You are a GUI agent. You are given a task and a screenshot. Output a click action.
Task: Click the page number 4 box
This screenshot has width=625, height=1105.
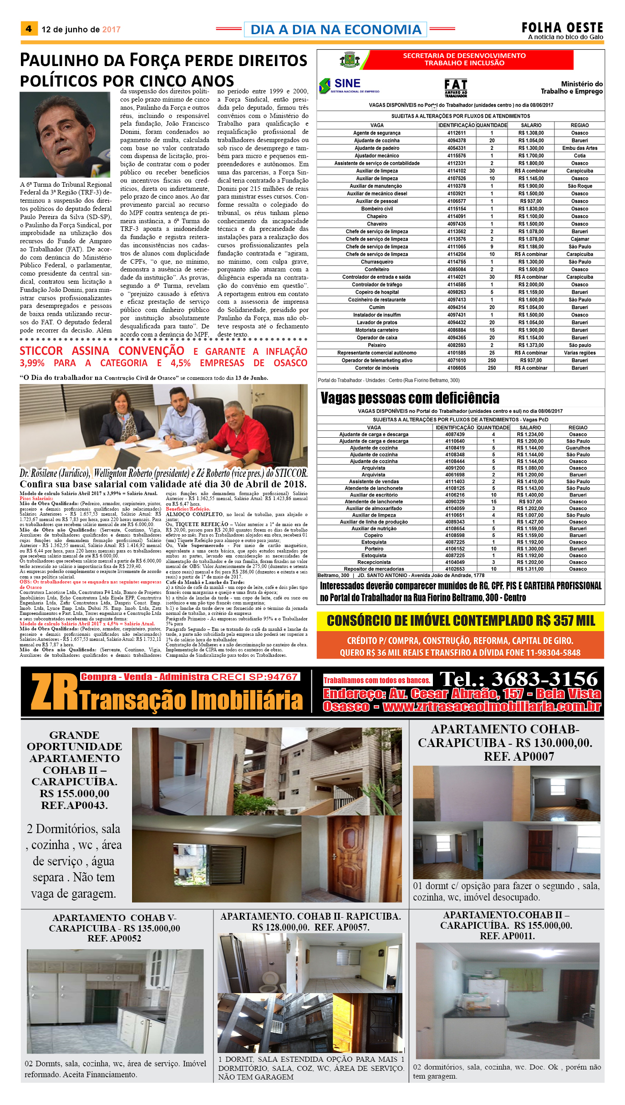pyautogui.click(x=29, y=29)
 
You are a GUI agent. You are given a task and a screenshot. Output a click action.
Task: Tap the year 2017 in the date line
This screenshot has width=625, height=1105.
pyautogui.click(x=111, y=30)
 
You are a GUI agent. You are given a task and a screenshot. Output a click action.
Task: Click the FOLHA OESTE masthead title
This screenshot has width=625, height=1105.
pyautogui.click(x=562, y=27)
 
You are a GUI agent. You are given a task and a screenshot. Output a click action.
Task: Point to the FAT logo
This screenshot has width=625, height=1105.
pyautogui.click(x=456, y=87)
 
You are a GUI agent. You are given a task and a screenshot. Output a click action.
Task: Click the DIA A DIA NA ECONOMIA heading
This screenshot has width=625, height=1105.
pyautogui.click(x=335, y=30)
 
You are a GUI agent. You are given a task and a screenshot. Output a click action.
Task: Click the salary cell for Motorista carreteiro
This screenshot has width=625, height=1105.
pyautogui.click(x=531, y=330)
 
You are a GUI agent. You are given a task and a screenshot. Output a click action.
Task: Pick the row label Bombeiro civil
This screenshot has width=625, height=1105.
pyautogui.click(x=376, y=209)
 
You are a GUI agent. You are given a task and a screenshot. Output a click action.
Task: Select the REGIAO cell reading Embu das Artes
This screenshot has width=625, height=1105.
pyautogui.click(x=579, y=148)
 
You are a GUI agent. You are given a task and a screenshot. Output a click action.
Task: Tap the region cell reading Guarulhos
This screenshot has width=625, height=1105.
pyautogui.click(x=578, y=448)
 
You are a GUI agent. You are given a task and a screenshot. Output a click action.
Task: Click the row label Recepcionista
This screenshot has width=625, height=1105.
pyautogui.click(x=374, y=562)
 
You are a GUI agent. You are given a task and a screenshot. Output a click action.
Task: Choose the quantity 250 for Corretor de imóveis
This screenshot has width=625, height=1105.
pyautogui.click(x=492, y=368)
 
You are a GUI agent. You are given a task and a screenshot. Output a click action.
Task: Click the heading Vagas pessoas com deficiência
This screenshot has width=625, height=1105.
pyautogui.click(x=410, y=398)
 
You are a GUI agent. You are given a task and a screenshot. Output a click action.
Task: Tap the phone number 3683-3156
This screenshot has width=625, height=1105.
pyautogui.click(x=544, y=679)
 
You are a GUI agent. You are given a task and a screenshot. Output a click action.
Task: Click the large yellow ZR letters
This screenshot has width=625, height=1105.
pyautogui.click(x=55, y=692)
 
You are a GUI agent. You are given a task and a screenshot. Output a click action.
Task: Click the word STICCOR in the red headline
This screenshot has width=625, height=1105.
pyautogui.click(x=41, y=351)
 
